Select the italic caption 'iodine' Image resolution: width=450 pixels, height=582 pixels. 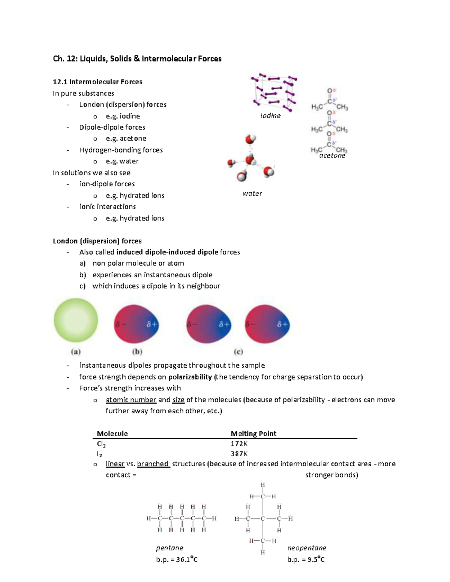point(270,116)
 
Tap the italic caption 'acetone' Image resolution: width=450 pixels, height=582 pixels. point(332,156)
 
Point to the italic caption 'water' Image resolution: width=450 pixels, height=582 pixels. point(252,193)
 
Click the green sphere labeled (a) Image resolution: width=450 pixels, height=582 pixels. point(76,320)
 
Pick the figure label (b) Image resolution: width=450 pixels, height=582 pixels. point(137,352)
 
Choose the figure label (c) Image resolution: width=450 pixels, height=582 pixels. point(238,352)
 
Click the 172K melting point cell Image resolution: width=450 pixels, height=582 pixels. point(239,444)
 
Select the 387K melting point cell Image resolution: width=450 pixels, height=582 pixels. point(239,454)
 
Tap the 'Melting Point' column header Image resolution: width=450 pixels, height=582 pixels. point(253,434)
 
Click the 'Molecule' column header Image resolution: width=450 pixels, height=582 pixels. point(112,434)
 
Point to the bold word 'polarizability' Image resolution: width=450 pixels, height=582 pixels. point(190,377)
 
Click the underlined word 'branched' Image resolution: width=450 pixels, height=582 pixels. point(153,464)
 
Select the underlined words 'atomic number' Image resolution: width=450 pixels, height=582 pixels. point(131,400)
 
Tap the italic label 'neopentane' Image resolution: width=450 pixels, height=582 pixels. point(307,548)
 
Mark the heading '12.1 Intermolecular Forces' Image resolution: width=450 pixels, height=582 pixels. point(97,82)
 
